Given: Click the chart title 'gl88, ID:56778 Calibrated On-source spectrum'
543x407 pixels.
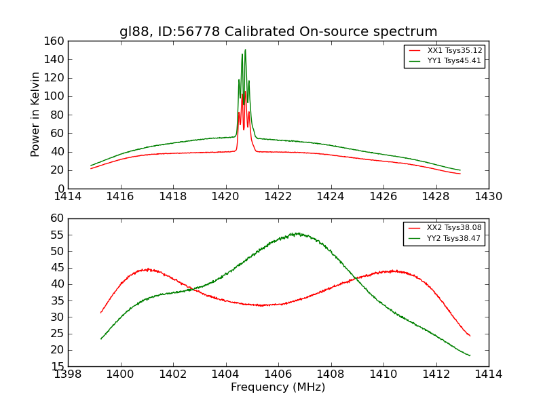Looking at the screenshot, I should click(278, 32).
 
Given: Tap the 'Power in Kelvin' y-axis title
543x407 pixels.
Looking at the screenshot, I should click(35, 115).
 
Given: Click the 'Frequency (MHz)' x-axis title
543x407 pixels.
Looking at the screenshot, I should click(278, 387).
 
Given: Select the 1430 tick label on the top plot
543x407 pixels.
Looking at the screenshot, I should click(489, 197).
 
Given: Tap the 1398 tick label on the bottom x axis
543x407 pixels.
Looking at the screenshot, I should click(68, 374).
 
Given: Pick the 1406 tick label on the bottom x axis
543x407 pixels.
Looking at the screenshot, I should click(278, 374).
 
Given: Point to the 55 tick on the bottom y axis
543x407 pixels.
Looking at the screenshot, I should click(57, 235).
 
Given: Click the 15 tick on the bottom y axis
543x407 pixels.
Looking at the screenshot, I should click(57, 366).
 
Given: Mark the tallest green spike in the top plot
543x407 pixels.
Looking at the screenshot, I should click(245, 50).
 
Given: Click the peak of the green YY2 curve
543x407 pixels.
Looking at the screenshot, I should click(297, 233).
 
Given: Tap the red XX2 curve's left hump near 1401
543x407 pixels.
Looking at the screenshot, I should click(147, 269).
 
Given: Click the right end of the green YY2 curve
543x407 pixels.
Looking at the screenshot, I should click(470, 355).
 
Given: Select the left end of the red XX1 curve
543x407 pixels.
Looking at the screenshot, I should click(91, 168).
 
